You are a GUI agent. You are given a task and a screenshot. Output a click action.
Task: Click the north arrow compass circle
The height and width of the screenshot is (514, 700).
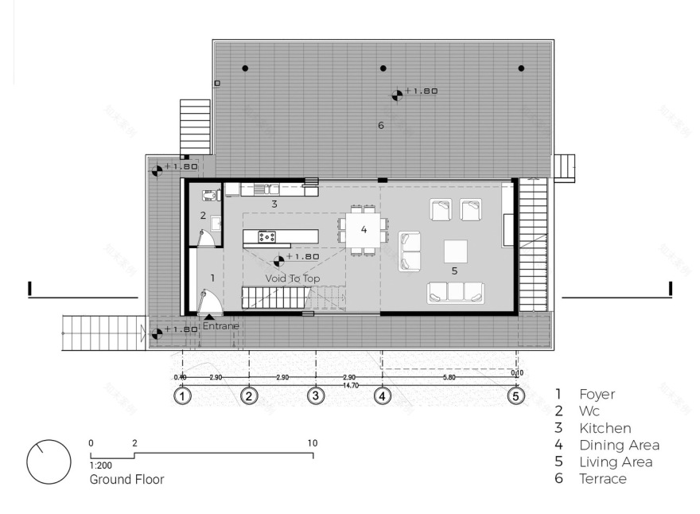pyautogui.click(x=45, y=461)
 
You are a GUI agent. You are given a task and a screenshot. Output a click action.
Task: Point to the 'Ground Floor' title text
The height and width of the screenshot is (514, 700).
pyautogui.click(x=126, y=480)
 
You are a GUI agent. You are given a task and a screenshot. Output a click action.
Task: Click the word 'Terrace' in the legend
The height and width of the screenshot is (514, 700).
pyautogui.click(x=602, y=479)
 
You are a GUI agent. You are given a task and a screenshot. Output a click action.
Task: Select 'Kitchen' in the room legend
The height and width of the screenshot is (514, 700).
pyautogui.click(x=605, y=428)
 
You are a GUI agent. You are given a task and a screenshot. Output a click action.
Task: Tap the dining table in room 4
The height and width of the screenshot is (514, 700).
pyautogui.click(x=364, y=230)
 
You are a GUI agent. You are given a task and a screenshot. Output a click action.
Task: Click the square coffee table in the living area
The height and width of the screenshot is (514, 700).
pyautogui.click(x=455, y=251)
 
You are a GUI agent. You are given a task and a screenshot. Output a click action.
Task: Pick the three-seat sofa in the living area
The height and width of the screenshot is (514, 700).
pyautogui.click(x=456, y=292)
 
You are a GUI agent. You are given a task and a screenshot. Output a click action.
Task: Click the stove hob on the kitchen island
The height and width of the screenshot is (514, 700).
pyautogui.click(x=266, y=236)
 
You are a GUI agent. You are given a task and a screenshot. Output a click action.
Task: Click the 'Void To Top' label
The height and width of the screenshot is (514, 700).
pyautogui.click(x=292, y=278)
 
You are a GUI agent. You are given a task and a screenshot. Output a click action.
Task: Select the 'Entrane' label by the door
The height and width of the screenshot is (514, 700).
pyautogui.click(x=220, y=326)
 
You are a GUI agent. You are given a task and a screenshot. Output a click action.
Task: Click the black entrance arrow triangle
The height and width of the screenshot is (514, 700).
pyautogui.click(x=209, y=317)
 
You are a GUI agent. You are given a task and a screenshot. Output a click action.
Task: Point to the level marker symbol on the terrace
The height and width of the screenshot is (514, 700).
pyautogui.click(x=396, y=95)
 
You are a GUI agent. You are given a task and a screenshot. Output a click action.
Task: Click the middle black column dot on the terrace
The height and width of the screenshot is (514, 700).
pyautogui.click(x=383, y=68)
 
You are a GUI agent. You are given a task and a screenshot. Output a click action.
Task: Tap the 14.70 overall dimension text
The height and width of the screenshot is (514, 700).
pyautogui.click(x=349, y=385)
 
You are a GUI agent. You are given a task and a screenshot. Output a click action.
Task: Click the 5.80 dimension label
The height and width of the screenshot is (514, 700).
pyautogui.click(x=449, y=377)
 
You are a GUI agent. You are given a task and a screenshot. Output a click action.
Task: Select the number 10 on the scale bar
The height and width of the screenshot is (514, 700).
pyautogui.click(x=312, y=443)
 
